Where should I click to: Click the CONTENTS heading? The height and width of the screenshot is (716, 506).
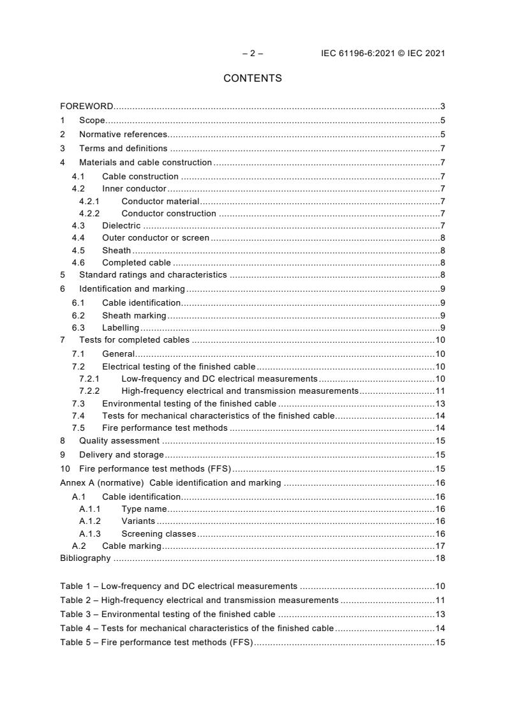pyautogui.click(x=252, y=78)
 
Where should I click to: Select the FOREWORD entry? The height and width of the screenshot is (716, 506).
pyautogui.click(x=87, y=106)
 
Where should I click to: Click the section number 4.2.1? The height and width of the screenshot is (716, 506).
pyautogui.click(x=89, y=202)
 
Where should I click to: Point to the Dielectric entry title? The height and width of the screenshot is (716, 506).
pyautogui.click(x=121, y=226)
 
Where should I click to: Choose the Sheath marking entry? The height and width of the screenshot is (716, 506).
pyautogui.click(x=134, y=315)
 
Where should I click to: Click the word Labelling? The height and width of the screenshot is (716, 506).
pyautogui.click(x=121, y=328)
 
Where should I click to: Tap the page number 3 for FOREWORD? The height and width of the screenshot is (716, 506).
pyautogui.click(x=442, y=106)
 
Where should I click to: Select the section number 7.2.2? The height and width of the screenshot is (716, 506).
pyautogui.click(x=89, y=391)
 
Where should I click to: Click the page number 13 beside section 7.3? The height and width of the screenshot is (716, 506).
pyautogui.click(x=440, y=403)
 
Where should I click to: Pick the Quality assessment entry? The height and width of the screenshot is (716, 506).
pyautogui.click(x=119, y=440)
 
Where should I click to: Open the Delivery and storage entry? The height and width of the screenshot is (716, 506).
pyautogui.click(x=121, y=455)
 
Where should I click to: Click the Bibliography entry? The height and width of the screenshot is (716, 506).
pyautogui.click(x=86, y=558)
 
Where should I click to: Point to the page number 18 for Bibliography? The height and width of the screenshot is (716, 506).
pyautogui.click(x=440, y=558)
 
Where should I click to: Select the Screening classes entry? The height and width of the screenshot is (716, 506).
pyautogui.click(x=158, y=533)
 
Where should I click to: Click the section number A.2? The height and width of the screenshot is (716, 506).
pyautogui.click(x=79, y=546)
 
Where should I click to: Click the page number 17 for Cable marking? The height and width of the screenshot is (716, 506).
pyautogui.click(x=440, y=546)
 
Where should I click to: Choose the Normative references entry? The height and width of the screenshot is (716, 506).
pyautogui.click(x=123, y=134)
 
